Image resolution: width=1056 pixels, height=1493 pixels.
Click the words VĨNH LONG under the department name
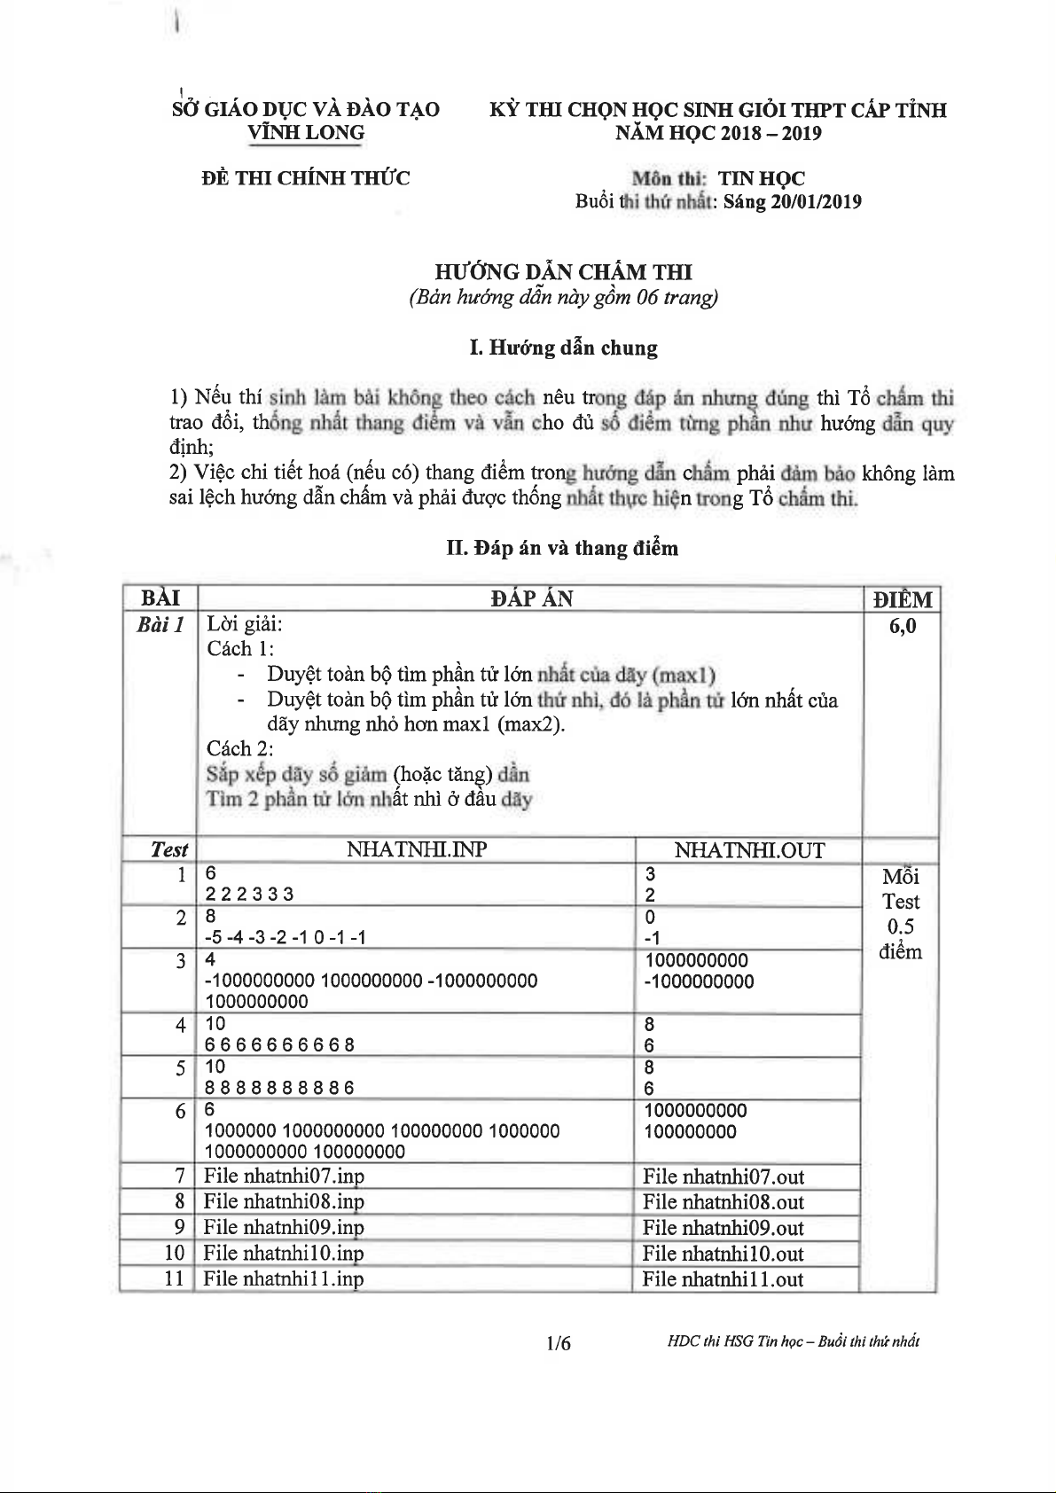(306, 134)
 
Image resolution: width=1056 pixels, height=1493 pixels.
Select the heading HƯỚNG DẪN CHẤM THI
(563, 272)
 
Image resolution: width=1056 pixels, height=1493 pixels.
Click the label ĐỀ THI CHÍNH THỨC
(306, 178)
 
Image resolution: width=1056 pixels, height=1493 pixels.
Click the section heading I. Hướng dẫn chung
(563, 348)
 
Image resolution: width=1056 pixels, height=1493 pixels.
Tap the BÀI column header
(160, 598)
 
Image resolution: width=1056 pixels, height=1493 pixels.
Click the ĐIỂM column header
(902, 599)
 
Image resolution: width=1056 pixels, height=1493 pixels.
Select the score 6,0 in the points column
(902, 626)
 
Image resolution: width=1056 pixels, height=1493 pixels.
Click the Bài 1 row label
(160, 625)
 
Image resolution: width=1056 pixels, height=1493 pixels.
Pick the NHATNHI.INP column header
(416, 849)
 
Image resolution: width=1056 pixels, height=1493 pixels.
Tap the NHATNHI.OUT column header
(748, 850)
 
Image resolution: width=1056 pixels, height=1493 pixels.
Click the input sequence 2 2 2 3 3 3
(249, 894)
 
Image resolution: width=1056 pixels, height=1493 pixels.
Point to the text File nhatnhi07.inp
(284, 1176)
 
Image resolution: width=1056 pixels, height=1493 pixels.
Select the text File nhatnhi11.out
(723, 1279)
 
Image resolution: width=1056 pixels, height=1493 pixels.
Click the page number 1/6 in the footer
(559, 1343)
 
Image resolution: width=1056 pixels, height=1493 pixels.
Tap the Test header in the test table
(168, 849)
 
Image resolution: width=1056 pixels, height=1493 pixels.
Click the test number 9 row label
(180, 1227)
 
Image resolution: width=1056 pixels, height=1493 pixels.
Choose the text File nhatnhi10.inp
(284, 1253)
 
